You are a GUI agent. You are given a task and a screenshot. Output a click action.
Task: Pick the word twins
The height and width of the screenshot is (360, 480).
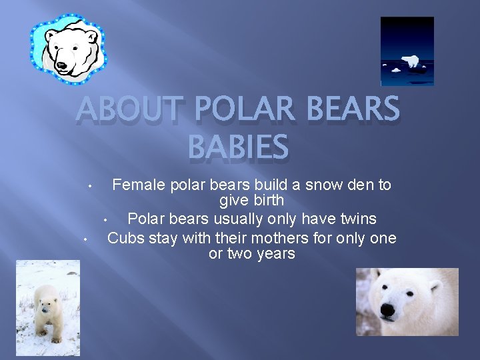(x=355, y=219)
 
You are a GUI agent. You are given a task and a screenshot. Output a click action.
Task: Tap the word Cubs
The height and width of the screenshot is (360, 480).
(x=125, y=238)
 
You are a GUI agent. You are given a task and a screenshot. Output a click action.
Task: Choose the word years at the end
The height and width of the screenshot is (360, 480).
(x=275, y=254)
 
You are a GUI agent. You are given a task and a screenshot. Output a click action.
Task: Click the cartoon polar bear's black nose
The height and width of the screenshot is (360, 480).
(x=63, y=65)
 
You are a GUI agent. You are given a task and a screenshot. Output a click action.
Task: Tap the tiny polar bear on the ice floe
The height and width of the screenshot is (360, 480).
(x=411, y=62)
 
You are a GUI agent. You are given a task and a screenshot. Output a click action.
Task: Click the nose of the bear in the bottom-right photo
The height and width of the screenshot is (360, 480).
(x=388, y=309)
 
